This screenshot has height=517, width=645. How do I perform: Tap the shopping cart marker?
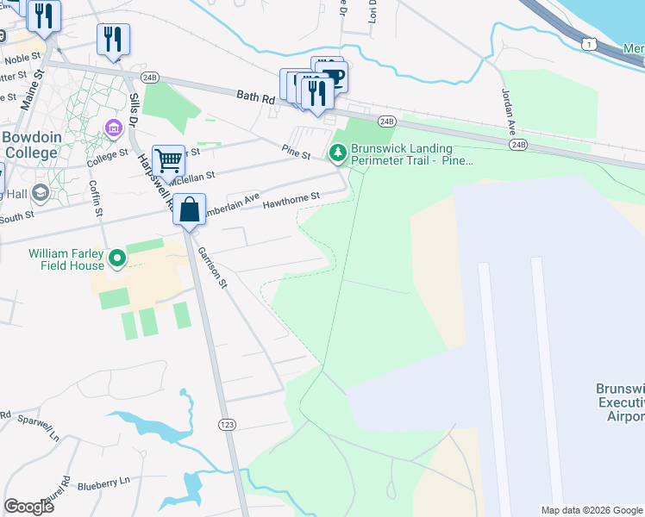click(x=169, y=161)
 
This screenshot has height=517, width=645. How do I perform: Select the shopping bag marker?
click(x=189, y=210)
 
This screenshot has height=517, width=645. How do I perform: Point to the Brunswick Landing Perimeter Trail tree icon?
click(x=338, y=153)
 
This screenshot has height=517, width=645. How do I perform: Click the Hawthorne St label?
click(x=291, y=198)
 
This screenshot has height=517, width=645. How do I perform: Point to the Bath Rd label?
click(x=257, y=99)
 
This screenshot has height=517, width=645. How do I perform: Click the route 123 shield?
click(x=228, y=425)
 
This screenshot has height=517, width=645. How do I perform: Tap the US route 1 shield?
click(x=588, y=43)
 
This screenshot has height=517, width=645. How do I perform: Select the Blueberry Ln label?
click(x=103, y=483)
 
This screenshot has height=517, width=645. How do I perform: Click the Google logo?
click(x=28, y=506)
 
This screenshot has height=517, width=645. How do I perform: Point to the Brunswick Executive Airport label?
click(x=620, y=402)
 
